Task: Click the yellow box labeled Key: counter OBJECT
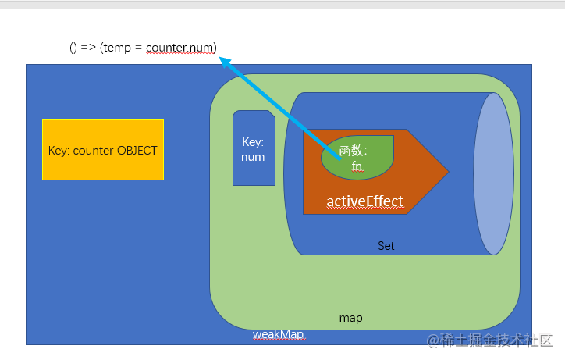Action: (103, 150)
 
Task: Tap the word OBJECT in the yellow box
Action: (137, 151)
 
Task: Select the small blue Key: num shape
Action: (254, 148)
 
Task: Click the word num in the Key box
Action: (253, 157)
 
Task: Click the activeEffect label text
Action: (364, 202)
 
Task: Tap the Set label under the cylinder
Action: (386, 246)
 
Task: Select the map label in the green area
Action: (350, 319)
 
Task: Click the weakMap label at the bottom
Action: (278, 334)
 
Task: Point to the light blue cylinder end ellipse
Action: (493, 173)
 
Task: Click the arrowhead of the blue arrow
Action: (225, 61)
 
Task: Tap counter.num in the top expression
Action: (181, 48)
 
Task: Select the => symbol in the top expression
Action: (87, 48)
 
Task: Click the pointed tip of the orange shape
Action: (447, 171)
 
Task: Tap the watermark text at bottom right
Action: (489, 340)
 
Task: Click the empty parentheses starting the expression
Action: (73, 48)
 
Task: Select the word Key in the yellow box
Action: (58, 151)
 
